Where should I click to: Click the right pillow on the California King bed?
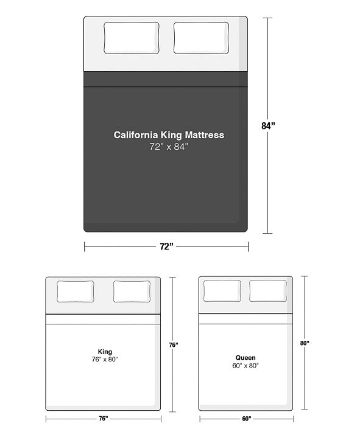pos(202,38)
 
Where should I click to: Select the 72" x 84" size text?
pos(166,147)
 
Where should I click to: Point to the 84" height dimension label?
pos(268,127)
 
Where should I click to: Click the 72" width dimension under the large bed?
pos(166,246)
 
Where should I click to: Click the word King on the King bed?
pos(104,352)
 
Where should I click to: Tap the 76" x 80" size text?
pos(104,360)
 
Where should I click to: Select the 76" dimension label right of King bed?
pos(174,345)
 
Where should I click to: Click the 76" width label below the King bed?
pos(103,418)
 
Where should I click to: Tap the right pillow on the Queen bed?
pos(268,292)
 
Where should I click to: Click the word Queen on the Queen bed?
pos(245,358)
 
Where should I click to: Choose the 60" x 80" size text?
pos(245,366)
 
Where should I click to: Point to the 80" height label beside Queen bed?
pos(305,343)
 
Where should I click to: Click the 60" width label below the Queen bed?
pos(247,418)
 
